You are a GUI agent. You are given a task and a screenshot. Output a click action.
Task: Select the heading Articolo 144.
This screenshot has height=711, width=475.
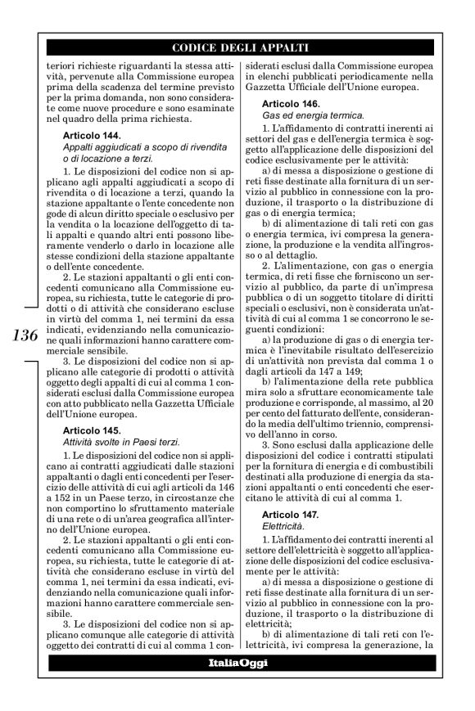pos(92,135)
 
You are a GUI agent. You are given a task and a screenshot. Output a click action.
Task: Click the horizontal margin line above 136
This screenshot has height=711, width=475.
pos(27,308)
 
